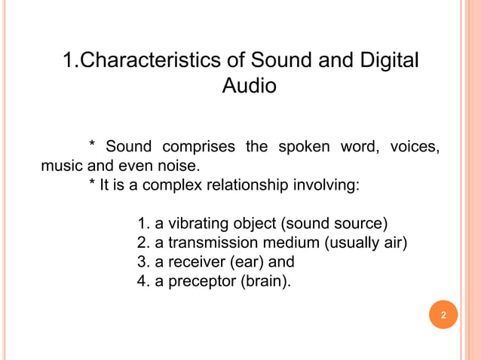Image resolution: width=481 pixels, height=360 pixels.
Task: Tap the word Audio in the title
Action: (249, 87)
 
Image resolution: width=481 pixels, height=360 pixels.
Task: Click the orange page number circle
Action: (443, 315)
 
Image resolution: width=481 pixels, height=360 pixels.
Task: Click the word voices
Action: (414, 146)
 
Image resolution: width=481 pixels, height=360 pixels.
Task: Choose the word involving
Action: (324, 185)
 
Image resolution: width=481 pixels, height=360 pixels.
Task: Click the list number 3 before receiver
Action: (142, 262)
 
